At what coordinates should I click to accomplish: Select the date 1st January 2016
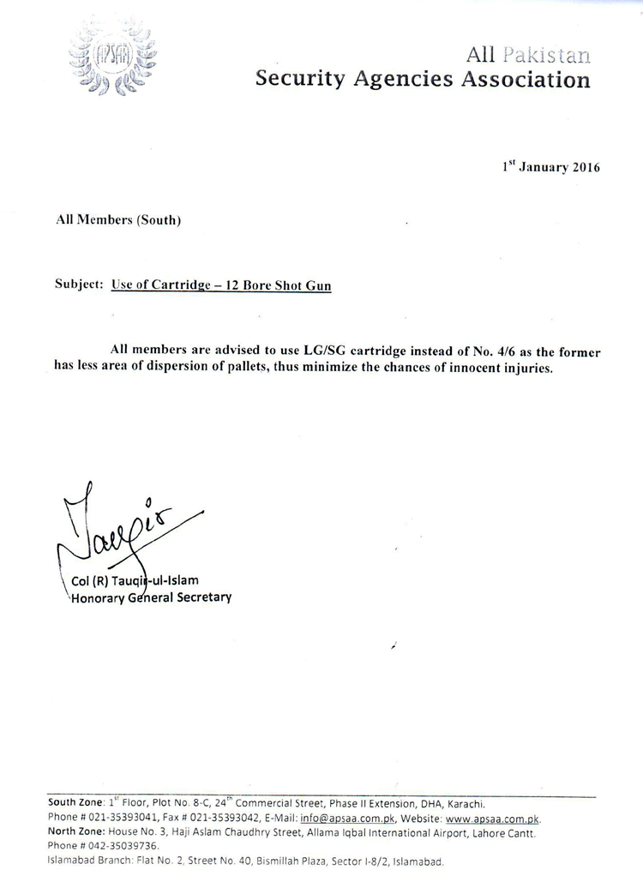click(551, 166)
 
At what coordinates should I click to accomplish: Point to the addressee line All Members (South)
click(118, 219)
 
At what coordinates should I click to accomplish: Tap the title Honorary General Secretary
click(151, 597)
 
